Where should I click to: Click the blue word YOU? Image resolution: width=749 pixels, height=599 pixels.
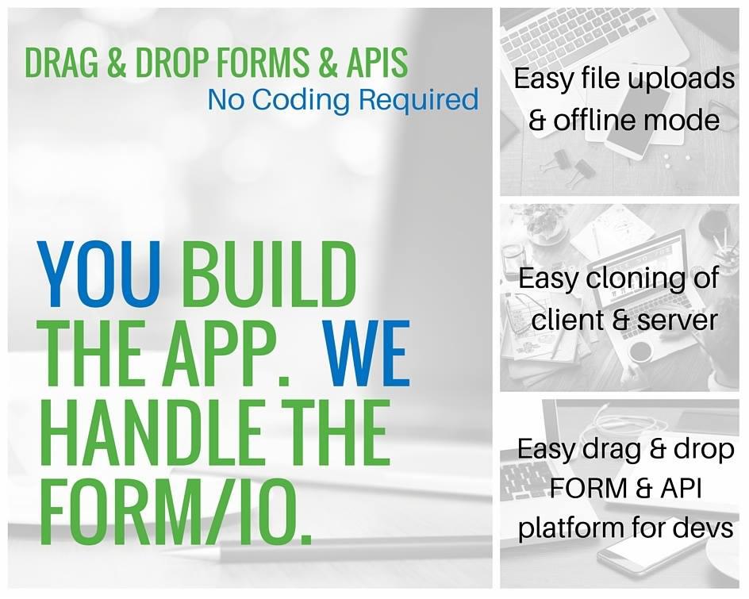99,275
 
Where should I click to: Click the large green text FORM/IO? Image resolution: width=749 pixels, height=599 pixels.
177,512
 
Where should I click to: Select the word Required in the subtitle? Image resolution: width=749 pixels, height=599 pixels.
418,101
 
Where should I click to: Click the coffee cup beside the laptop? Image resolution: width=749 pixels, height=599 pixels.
641,352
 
